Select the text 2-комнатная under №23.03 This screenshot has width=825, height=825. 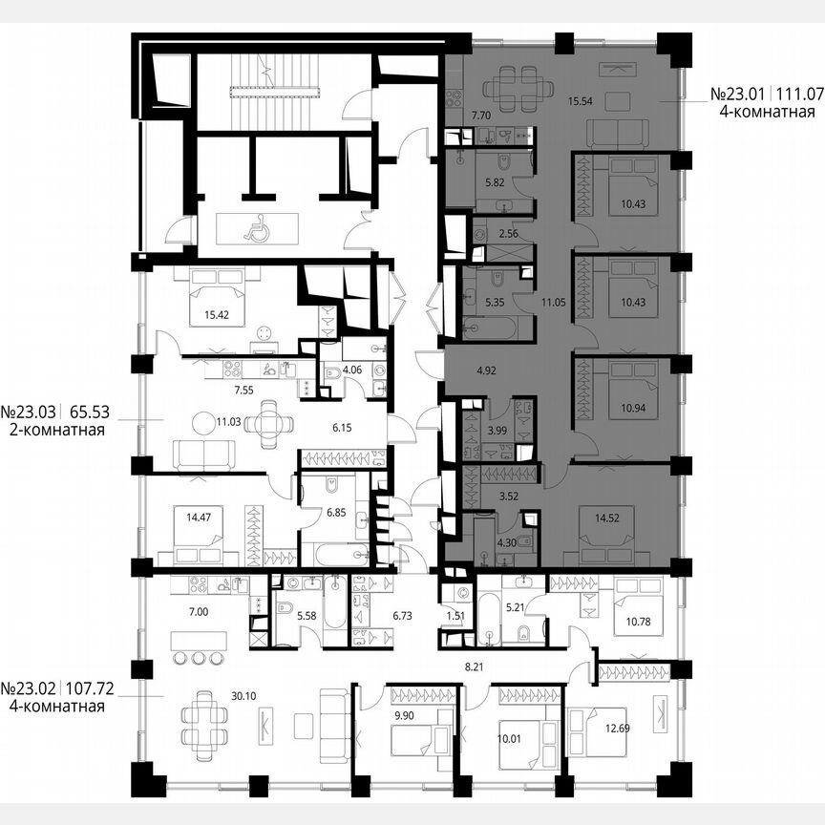[53, 431]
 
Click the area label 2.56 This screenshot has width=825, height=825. [507, 233]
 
